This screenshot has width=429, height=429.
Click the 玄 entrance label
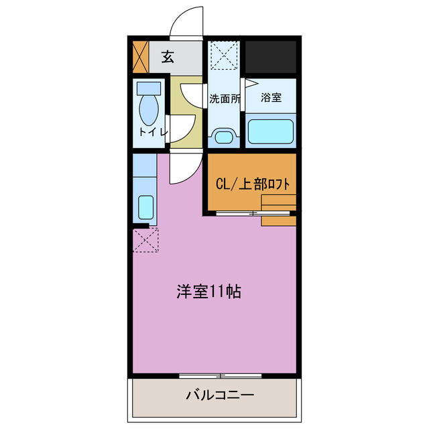tap(167, 57)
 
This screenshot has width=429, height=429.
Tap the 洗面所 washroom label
tap(224, 99)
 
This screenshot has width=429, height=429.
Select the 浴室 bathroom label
tap(271, 98)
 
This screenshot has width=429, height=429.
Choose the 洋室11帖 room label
tap(209, 292)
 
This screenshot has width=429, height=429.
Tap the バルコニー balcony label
tap(220, 395)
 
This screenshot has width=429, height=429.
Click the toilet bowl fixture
tap(148, 107)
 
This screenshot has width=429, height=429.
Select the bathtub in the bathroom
tap(271, 131)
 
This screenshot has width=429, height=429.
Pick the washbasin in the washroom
tap(223, 138)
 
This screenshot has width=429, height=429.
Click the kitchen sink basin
tap(145, 206)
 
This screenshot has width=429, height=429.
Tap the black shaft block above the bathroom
tap(271, 57)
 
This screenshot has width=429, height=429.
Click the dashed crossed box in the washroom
tap(224, 56)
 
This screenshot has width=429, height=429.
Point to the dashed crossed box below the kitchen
tap(145, 240)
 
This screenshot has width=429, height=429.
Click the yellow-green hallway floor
tap(182, 111)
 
